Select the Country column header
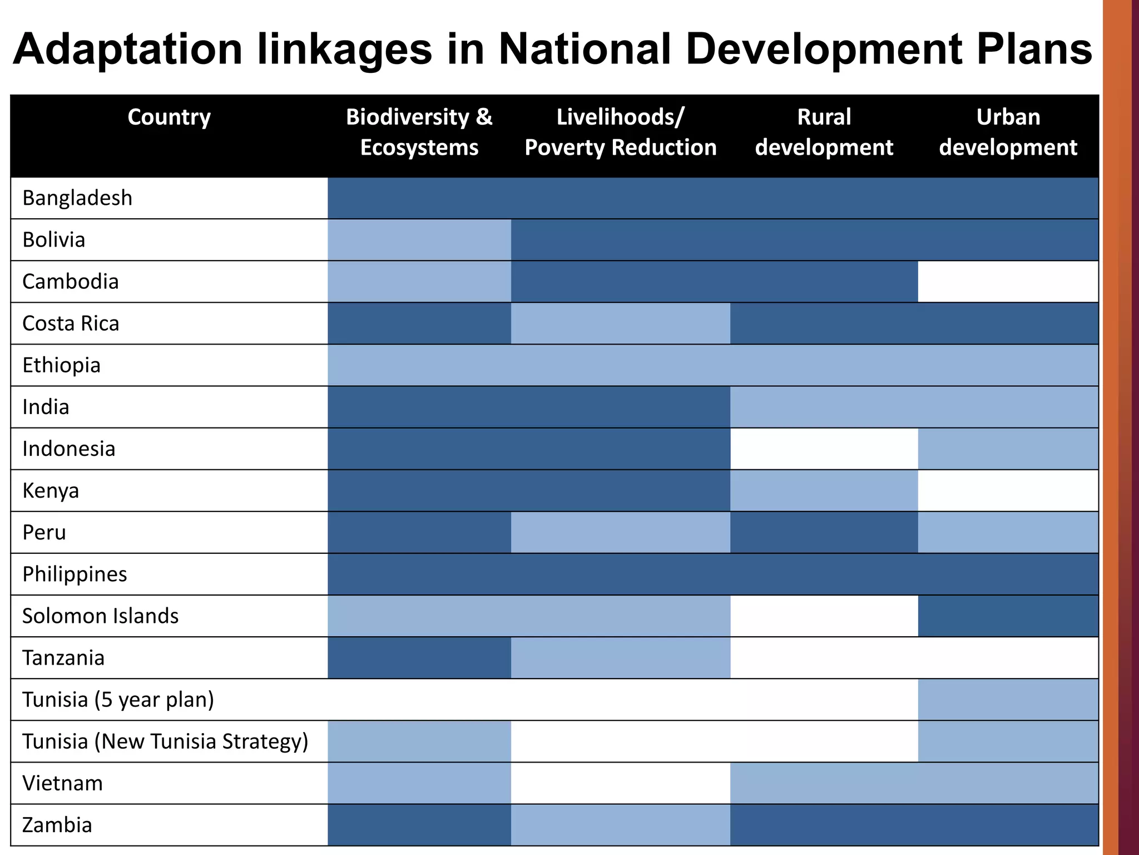click(x=169, y=117)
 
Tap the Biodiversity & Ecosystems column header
click(x=419, y=132)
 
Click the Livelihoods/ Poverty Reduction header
click(x=620, y=132)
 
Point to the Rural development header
click(x=824, y=132)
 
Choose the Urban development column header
click(x=1008, y=132)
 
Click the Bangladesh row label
click(x=77, y=198)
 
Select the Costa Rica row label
click(x=71, y=323)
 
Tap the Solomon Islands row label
click(x=100, y=616)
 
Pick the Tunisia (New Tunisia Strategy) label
click(x=165, y=741)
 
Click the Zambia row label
click(x=57, y=825)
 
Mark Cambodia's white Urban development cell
click(x=1008, y=282)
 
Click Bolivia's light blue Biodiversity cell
click(x=419, y=240)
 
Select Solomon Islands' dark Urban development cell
click(x=1008, y=616)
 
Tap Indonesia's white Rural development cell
click(x=824, y=449)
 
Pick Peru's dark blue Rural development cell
click(x=824, y=533)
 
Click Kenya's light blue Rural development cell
click(x=824, y=490)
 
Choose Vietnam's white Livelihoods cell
click(x=620, y=783)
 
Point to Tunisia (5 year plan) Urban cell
click(x=1008, y=700)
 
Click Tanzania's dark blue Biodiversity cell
click(x=419, y=658)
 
